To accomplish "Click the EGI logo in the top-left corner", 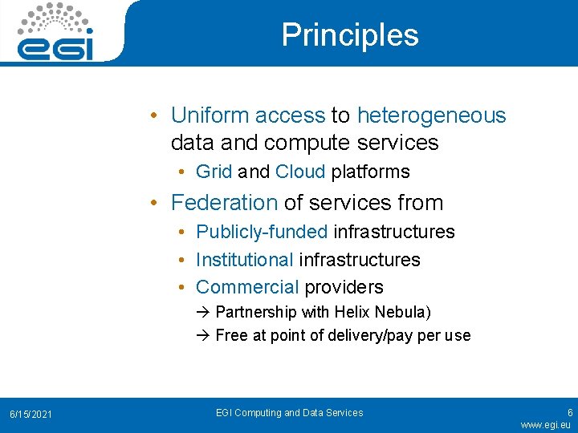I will coord(55,32).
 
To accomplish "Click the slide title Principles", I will coord(350,34).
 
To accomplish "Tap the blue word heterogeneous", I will coord(431,115).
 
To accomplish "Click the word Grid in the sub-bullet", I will coord(214,172).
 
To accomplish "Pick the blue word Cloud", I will coord(299,172).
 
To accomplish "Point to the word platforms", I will coord(370,172).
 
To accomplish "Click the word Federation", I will coord(224,202).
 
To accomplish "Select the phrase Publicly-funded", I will coord(262,232).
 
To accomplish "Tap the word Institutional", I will coord(245,260).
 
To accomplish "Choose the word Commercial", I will coord(247,287).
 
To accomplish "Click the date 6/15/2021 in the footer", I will coord(31,414).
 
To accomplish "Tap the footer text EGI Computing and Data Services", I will coord(289,413).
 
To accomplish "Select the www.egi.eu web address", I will coord(545,424).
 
